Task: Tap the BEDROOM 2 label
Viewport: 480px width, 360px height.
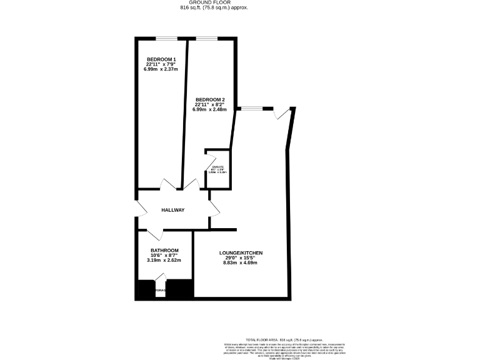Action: (x=210, y=100)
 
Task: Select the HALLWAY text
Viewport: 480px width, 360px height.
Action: (x=173, y=210)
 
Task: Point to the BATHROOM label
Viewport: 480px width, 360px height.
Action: (x=164, y=250)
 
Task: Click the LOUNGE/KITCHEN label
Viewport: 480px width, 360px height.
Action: (x=241, y=252)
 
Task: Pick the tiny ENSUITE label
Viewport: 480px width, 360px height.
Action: (x=218, y=167)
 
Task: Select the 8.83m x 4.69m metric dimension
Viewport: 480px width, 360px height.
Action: (x=241, y=262)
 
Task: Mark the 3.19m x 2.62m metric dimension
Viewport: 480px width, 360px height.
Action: (x=164, y=260)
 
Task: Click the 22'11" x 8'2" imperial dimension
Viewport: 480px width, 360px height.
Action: (x=210, y=105)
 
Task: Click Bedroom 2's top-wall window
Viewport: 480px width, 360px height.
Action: (x=207, y=39)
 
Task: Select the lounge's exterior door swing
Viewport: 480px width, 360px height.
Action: (x=282, y=113)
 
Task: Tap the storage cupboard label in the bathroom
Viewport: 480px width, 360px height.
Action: (x=160, y=289)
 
